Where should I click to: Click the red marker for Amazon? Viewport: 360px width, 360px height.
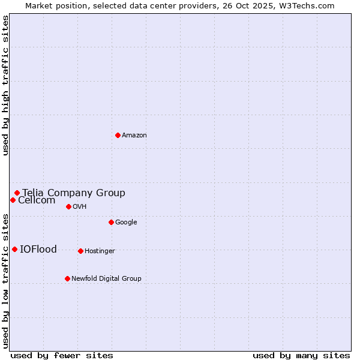(x=118, y=135)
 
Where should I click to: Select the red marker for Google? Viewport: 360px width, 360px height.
(x=111, y=222)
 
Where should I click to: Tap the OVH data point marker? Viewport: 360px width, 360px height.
(x=68, y=206)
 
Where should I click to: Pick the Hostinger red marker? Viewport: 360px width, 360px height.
(x=80, y=251)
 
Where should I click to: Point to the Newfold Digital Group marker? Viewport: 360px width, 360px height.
(x=67, y=278)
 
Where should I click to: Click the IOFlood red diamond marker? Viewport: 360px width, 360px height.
(x=14, y=249)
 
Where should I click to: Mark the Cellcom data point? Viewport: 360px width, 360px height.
(x=13, y=200)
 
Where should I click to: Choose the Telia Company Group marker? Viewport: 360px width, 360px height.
(x=17, y=193)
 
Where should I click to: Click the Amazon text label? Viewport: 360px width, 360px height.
(x=134, y=136)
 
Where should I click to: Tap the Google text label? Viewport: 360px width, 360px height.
(x=126, y=223)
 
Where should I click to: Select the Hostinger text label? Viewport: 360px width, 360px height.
(x=100, y=251)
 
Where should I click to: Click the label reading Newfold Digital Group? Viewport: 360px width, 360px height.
(x=106, y=279)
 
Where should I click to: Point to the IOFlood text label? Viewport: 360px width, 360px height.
(x=38, y=250)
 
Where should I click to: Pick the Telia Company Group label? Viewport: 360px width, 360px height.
(x=74, y=193)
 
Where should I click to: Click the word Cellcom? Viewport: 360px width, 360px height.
(x=37, y=200)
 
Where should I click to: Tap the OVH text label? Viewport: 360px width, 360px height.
(x=80, y=207)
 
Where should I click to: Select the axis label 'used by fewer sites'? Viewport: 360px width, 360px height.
(x=62, y=355)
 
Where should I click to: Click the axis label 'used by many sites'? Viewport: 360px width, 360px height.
(x=301, y=355)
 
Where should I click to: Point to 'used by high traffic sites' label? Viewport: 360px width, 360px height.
(x=6, y=85)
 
